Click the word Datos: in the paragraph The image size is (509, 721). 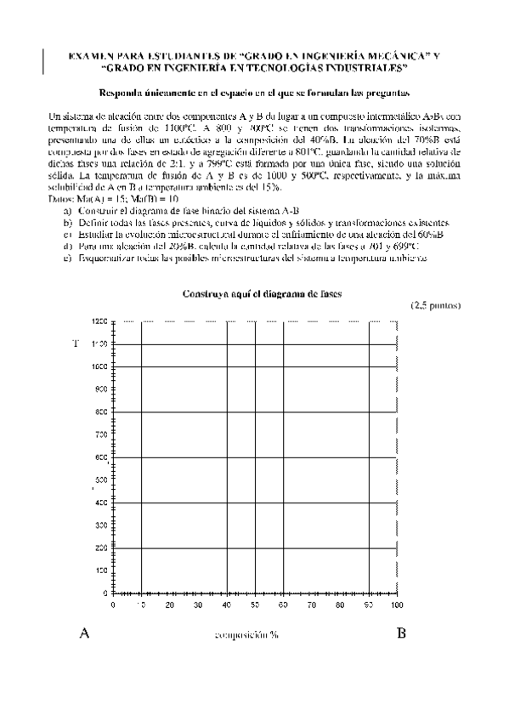tap(62, 198)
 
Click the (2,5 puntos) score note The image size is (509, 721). tap(436, 305)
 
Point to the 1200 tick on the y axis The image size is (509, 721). tap(99, 321)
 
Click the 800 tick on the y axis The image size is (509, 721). tap(100, 412)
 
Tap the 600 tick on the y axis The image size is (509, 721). tap(100, 457)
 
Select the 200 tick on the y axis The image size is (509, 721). tap(100, 548)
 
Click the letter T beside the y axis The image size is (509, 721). tap(75, 343)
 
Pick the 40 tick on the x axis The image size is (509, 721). tap(227, 605)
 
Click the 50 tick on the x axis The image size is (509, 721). tap(255, 605)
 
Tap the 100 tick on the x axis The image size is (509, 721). tap(397, 605)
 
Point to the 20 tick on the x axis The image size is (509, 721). tap(170, 605)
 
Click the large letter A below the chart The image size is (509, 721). tap(84, 633)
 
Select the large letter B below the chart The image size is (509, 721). tap(401, 633)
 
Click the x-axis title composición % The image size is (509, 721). tap(246, 635)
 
